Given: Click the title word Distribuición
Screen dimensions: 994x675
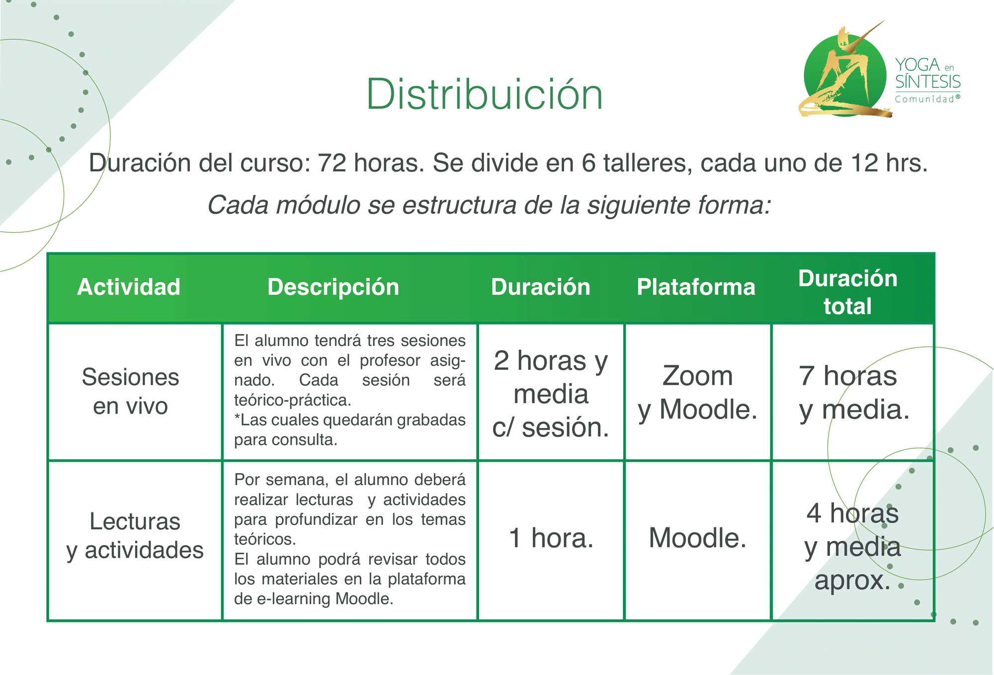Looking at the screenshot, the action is click(485, 94).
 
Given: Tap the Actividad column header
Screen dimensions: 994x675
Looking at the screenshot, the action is click(129, 287).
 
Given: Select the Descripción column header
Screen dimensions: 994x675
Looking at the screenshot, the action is click(333, 287).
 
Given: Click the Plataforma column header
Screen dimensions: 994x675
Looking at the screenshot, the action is click(696, 287).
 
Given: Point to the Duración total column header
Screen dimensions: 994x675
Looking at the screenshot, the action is click(848, 292).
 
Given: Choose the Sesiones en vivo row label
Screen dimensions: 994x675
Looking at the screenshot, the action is click(130, 391).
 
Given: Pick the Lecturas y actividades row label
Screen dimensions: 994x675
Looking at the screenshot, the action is click(135, 536).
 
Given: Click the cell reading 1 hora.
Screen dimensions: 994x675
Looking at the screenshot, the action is click(551, 538).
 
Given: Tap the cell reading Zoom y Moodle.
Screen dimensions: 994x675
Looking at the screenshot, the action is click(698, 393).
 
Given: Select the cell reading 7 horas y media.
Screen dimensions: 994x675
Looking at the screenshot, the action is click(854, 393).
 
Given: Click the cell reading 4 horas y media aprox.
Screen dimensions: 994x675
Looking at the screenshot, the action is click(852, 546).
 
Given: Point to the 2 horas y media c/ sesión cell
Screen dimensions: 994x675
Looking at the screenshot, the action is click(551, 394).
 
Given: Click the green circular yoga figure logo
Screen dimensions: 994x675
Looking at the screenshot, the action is click(844, 73).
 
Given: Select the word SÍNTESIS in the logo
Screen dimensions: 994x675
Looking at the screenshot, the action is click(928, 82).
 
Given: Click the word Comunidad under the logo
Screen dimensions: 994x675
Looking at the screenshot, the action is click(925, 99).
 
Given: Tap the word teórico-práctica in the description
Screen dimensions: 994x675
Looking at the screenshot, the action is click(293, 400).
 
